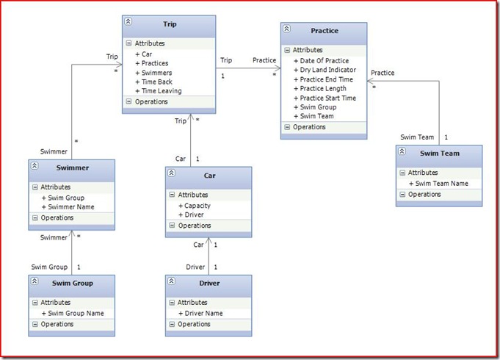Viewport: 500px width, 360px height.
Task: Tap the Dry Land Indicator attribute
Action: tap(328, 70)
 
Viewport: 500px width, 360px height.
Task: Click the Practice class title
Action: tap(325, 31)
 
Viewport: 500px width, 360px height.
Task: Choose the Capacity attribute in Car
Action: tap(197, 206)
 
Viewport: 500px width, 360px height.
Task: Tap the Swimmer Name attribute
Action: tap(69, 207)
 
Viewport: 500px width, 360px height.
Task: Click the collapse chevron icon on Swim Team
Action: tap(402, 151)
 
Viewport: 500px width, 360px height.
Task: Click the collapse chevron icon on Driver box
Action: tap(172, 281)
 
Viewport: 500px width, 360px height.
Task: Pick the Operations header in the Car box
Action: tap(194, 226)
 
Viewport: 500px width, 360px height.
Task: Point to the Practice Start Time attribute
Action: tap(328, 98)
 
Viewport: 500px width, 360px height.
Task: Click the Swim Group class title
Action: tap(72, 282)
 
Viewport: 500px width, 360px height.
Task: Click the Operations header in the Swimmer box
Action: tap(57, 217)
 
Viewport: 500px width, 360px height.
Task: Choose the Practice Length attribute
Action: tap(324, 88)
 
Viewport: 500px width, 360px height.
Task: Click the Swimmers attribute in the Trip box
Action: tap(156, 73)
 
